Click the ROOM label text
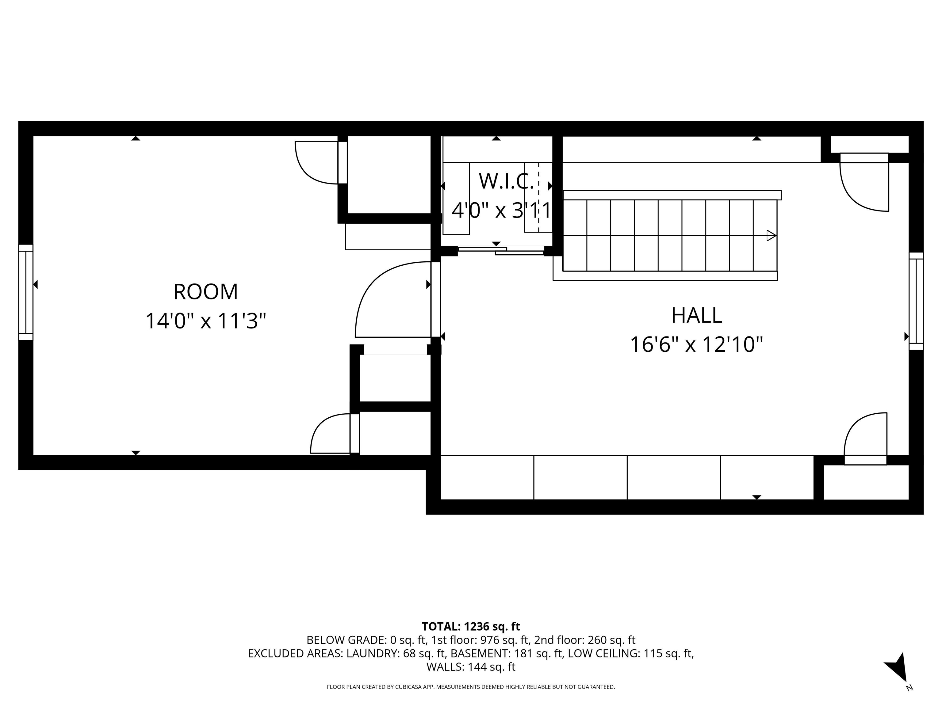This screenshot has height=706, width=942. [x=206, y=292]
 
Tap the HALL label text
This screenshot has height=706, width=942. [x=696, y=316]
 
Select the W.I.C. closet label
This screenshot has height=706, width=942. [x=506, y=182]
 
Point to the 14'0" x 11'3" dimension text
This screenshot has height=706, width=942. [x=206, y=321]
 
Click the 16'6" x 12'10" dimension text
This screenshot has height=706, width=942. [x=696, y=344]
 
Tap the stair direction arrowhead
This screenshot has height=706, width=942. [x=771, y=235]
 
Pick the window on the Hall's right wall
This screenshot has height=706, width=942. [x=916, y=301]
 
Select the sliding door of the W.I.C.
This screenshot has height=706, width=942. [x=501, y=251]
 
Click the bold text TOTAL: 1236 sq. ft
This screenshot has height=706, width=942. [x=471, y=626]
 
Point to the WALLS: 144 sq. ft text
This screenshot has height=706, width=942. [x=471, y=667]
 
